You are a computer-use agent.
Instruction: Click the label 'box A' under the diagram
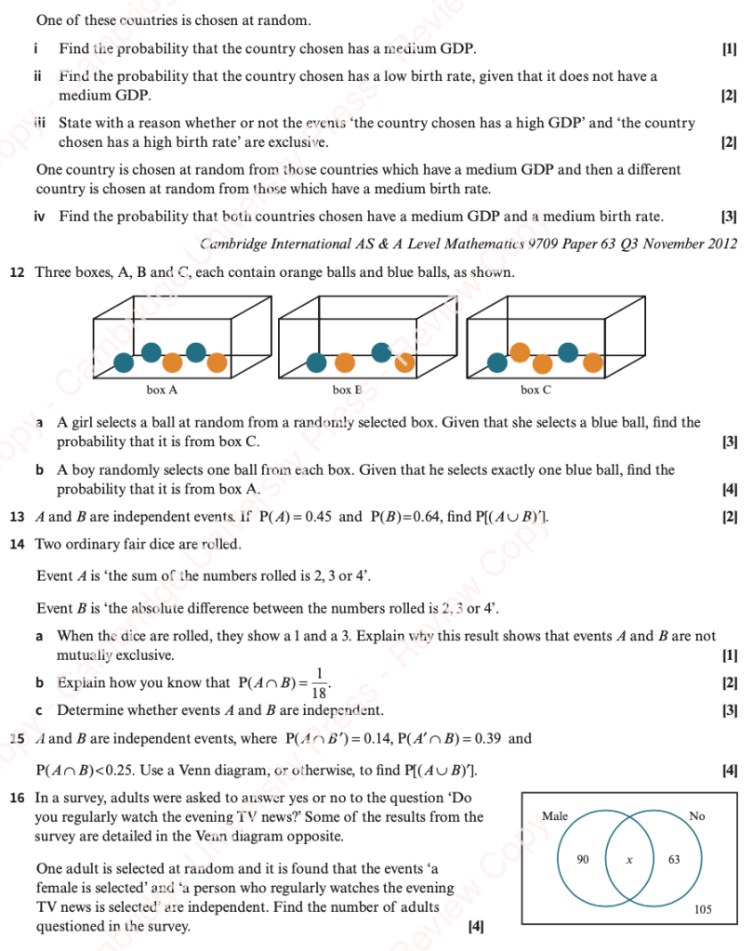(x=162, y=390)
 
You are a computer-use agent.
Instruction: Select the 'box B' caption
(x=347, y=390)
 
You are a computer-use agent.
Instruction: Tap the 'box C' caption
(x=535, y=390)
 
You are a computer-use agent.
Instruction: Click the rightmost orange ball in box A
(x=218, y=361)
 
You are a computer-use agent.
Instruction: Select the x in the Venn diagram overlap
(x=628, y=861)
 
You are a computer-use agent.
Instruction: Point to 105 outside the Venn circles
(x=704, y=910)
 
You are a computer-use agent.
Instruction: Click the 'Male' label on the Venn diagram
(x=554, y=816)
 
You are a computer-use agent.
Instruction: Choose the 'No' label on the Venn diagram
(x=697, y=816)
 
